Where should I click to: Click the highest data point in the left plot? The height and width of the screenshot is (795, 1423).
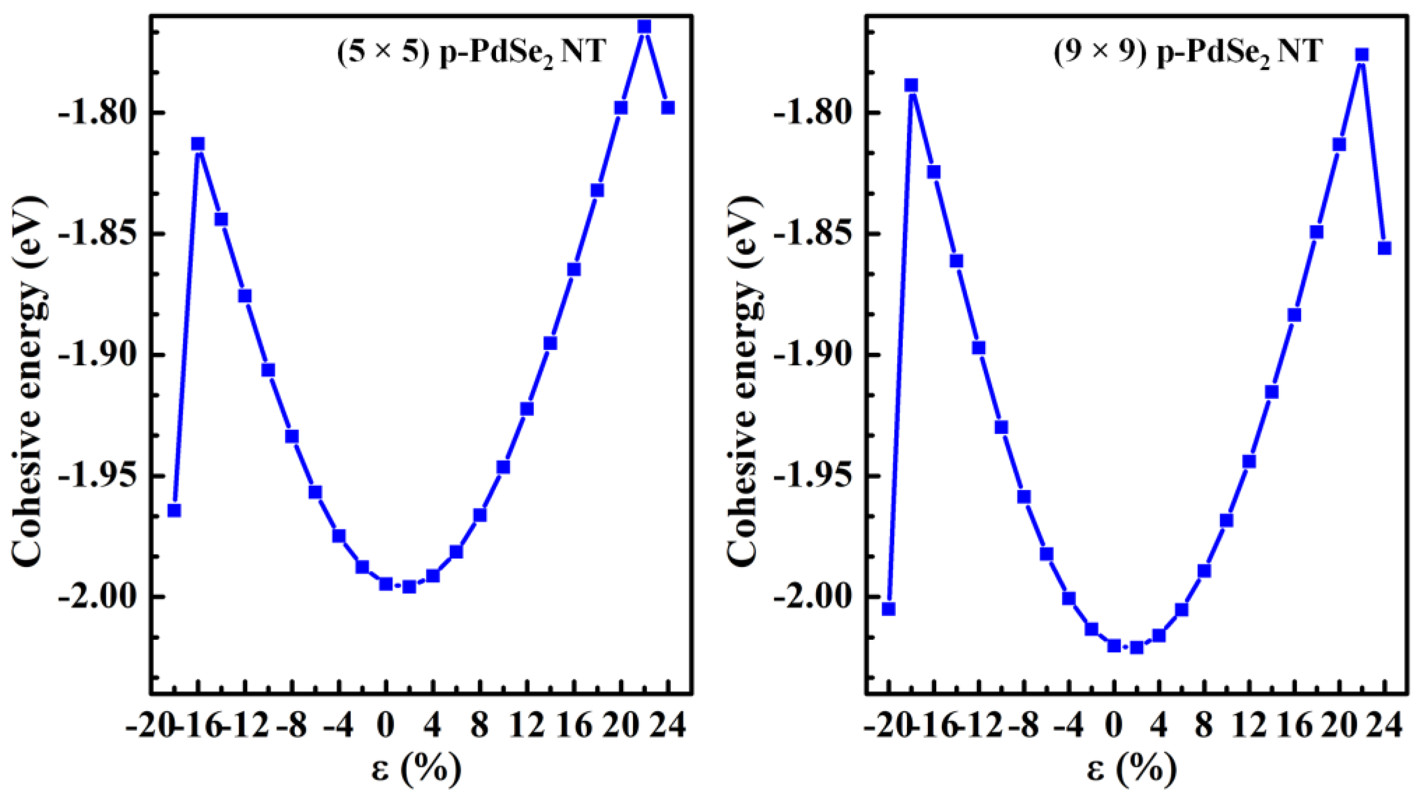click(644, 27)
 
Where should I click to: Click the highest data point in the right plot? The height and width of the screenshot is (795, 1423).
click(1362, 55)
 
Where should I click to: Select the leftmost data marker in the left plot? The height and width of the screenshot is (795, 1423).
click(175, 510)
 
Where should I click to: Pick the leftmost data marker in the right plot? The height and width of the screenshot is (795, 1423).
click(888, 609)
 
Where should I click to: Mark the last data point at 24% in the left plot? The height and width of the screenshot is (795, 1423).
click(668, 107)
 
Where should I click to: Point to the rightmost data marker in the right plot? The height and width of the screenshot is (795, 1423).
click(1384, 248)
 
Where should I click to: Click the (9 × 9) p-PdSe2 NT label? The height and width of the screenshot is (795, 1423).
click(1188, 52)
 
